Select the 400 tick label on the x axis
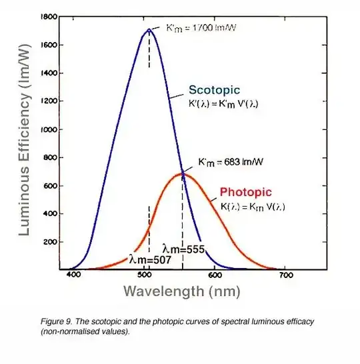coord(74,275)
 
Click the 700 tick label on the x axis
coord(285,275)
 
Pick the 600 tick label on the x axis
coord(215,275)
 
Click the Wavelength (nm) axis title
coord(181,292)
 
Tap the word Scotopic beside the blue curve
coord(213,90)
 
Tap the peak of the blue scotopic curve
coord(149,30)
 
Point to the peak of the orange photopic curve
coord(182,174)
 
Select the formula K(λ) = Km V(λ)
coord(253,207)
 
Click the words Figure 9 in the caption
coord(56,321)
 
